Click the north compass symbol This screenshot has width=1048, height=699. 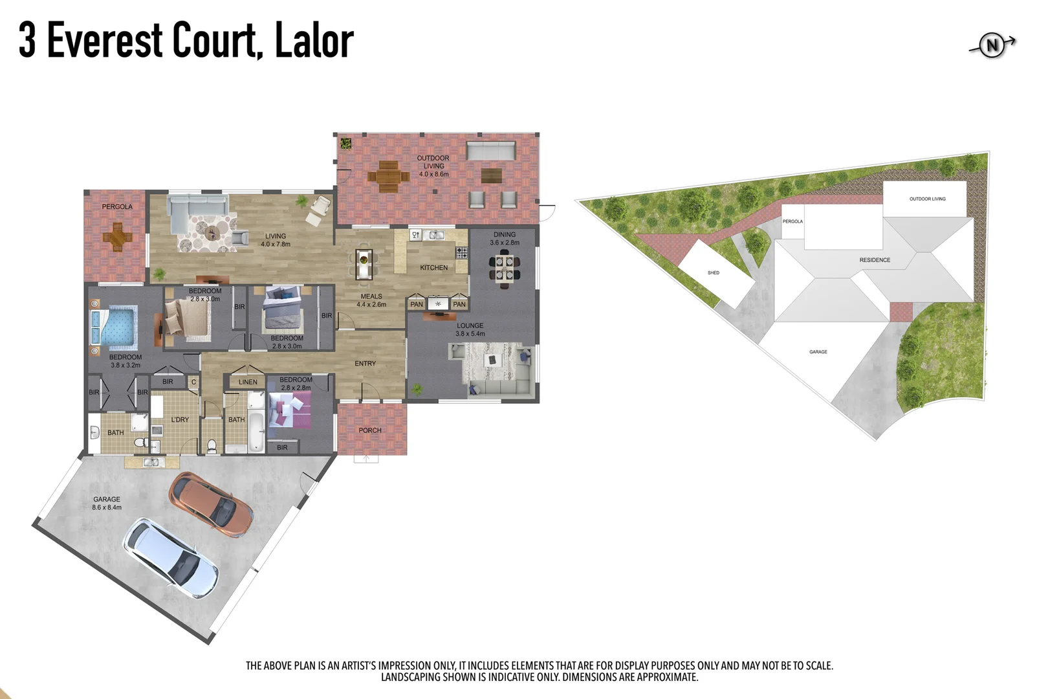coord(991,45)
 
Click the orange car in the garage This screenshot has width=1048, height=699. coord(211,504)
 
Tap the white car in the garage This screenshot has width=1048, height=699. coord(171,557)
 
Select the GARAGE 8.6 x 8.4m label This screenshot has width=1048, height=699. coord(107,503)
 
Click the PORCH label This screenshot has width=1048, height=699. coord(370,430)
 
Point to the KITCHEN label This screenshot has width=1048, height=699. coord(433,267)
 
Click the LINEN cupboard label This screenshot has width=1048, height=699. coord(248,382)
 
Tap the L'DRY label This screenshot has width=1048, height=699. coord(180,419)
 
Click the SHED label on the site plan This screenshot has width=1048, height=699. coord(713,272)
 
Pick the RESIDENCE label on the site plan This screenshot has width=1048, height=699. coord(875,260)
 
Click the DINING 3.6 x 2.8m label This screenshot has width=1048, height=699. coord(505,238)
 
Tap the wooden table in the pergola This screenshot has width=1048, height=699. coord(117,236)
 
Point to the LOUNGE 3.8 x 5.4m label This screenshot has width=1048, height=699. coord(470,329)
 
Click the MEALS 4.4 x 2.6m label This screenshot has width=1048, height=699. coord(371,300)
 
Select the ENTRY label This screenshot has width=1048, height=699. coord(365,363)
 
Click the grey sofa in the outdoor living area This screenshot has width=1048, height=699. coord(490,151)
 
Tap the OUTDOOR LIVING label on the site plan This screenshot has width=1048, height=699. coord(927,199)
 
